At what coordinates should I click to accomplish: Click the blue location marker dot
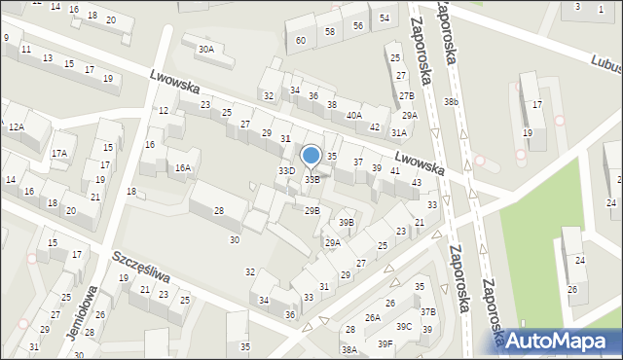(311, 155)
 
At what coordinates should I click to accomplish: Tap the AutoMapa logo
(560, 340)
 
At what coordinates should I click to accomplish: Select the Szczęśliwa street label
(141, 265)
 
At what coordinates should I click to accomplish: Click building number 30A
(205, 49)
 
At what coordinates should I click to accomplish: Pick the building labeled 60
(301, 40)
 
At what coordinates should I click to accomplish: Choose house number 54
(385, 18)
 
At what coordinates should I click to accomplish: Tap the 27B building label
(406, 95)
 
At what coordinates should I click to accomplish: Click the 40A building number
(353, 115)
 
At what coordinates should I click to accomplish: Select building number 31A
(398, 132)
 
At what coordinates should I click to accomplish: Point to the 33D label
(286, 171)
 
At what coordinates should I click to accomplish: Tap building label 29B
(311, 210)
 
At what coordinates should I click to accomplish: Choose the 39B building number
(347, 223)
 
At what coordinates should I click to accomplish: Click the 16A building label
(182, 167)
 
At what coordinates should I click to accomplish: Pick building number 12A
(16, 126)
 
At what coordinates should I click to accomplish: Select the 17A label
(59, 153)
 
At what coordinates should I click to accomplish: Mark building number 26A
(372, 317)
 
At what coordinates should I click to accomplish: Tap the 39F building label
(385, 343)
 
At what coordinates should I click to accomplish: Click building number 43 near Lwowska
(416, 182)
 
